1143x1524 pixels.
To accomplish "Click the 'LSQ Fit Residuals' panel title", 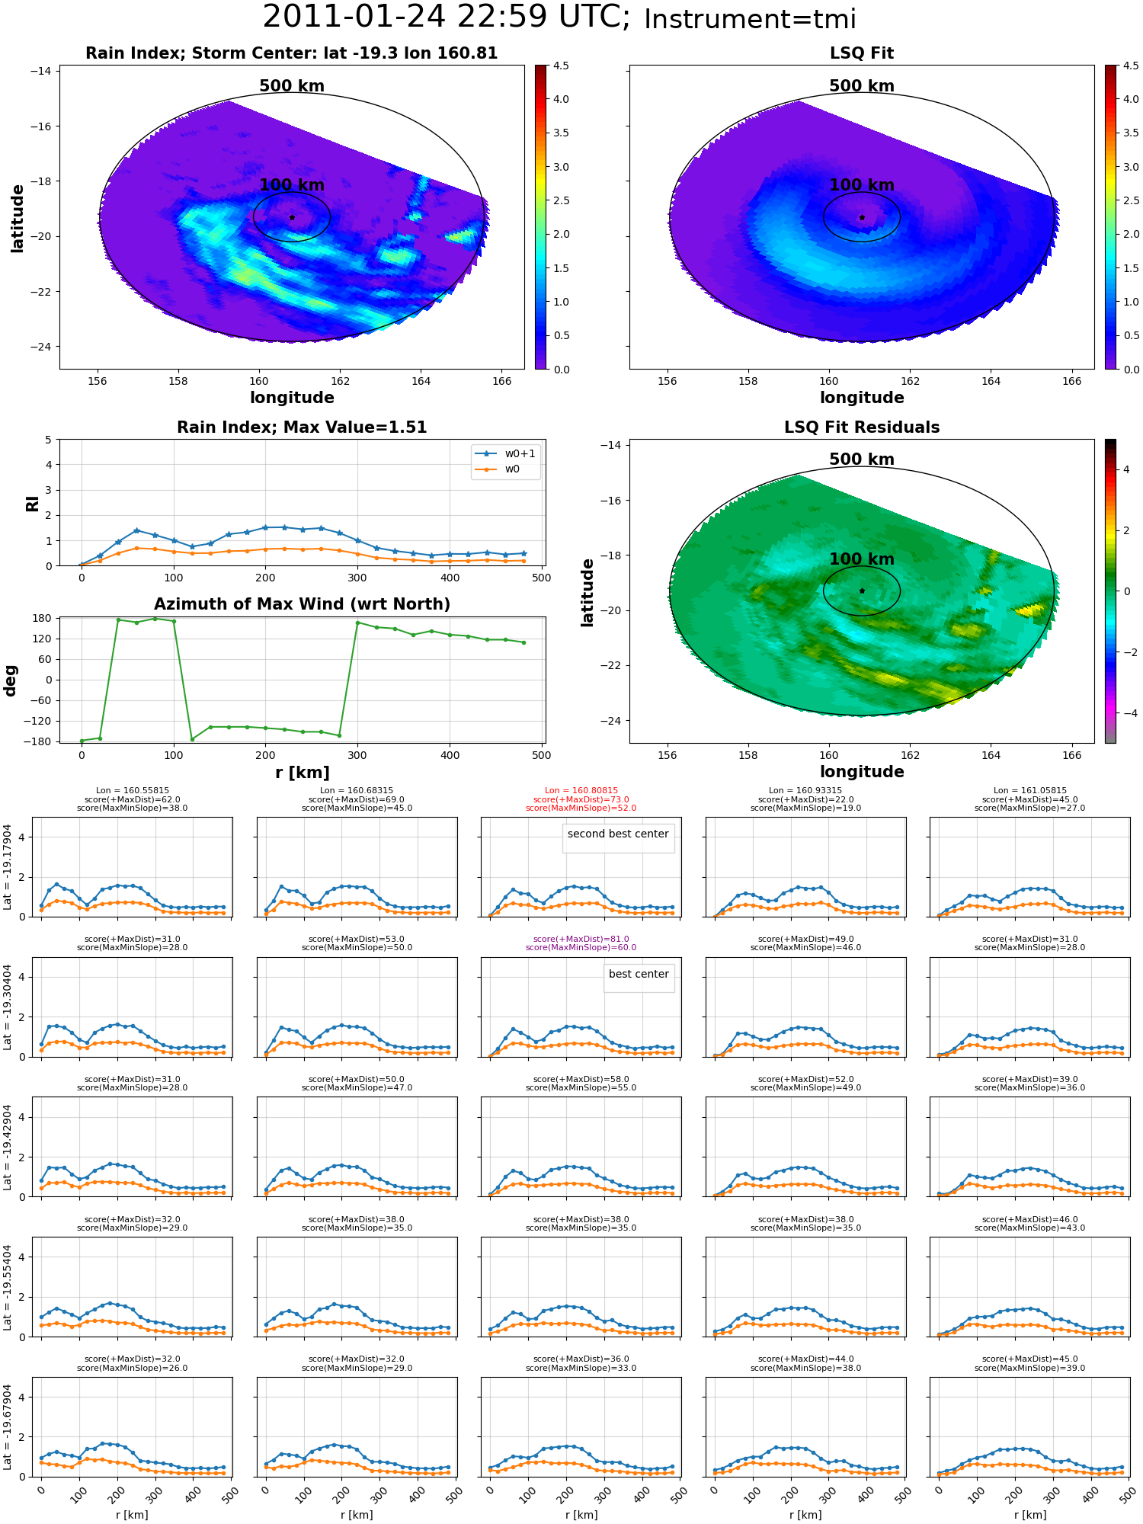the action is click(x=862, y=427).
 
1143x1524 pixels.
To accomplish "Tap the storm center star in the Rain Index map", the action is click(x=292, y=217).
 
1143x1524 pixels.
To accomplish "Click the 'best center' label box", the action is click(x=639, y=975).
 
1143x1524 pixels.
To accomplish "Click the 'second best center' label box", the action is click(x=618, y=834).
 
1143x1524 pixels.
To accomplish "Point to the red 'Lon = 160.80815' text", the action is click(x=581, y=791).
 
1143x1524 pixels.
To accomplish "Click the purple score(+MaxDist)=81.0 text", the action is click(x=581, y=940).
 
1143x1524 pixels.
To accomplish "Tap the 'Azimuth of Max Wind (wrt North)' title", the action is click(x=302, y=604).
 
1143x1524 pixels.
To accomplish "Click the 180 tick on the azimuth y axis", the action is click(x=43, y=618).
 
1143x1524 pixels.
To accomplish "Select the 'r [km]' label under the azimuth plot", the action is click(x=303, y=773).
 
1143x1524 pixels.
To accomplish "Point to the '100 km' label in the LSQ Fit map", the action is click(x=862, y=185).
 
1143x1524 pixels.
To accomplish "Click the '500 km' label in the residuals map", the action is click(x=862, y=459).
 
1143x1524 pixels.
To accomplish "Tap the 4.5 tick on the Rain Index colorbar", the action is click(x=561, y=66).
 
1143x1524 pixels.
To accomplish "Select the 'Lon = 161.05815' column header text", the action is click(x=1030, y=791).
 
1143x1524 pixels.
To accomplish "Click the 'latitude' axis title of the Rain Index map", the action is click(x=18, y=218).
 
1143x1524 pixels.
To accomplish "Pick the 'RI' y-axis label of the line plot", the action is click(x=33, y=503).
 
